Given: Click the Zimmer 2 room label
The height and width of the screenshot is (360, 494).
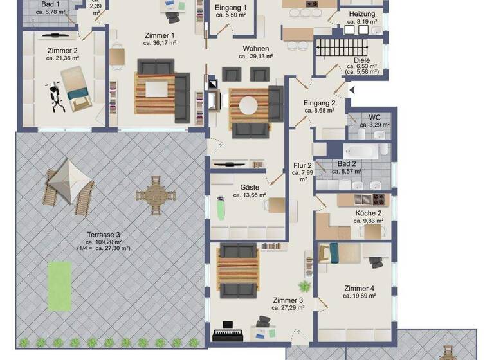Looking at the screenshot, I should (x=62, y=50).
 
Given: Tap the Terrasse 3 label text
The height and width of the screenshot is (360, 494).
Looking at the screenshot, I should (x=104, y=234).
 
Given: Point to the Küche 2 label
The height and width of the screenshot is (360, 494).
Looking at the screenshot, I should (x=369, y=213).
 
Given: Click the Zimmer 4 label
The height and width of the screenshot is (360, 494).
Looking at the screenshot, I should (x=359, y=288).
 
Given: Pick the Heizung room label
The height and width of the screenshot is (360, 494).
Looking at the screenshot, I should (x=363, y=14).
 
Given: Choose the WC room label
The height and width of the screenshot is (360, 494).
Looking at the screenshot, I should (x=374, y=117).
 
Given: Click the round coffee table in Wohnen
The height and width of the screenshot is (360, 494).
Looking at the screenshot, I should (x=248, y=104).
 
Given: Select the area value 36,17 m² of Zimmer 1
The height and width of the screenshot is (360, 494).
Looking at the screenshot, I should (x=159, y=44).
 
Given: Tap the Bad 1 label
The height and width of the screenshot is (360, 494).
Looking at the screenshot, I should (x=51, y=4).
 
